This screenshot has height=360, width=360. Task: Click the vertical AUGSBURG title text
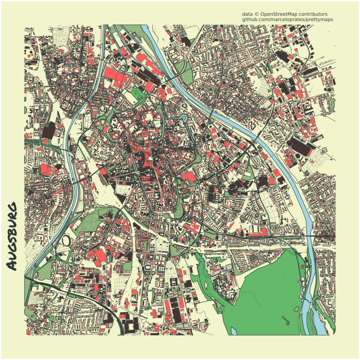pyautogui.click(x=12, y=236)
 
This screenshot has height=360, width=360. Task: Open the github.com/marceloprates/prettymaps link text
pyautogui.click(x=288, y=19)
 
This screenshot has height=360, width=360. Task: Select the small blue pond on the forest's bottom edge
pyautogui.click(x=234, y=332)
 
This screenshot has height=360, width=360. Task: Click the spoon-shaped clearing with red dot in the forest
pyautogui.click(x=287, y=321)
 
